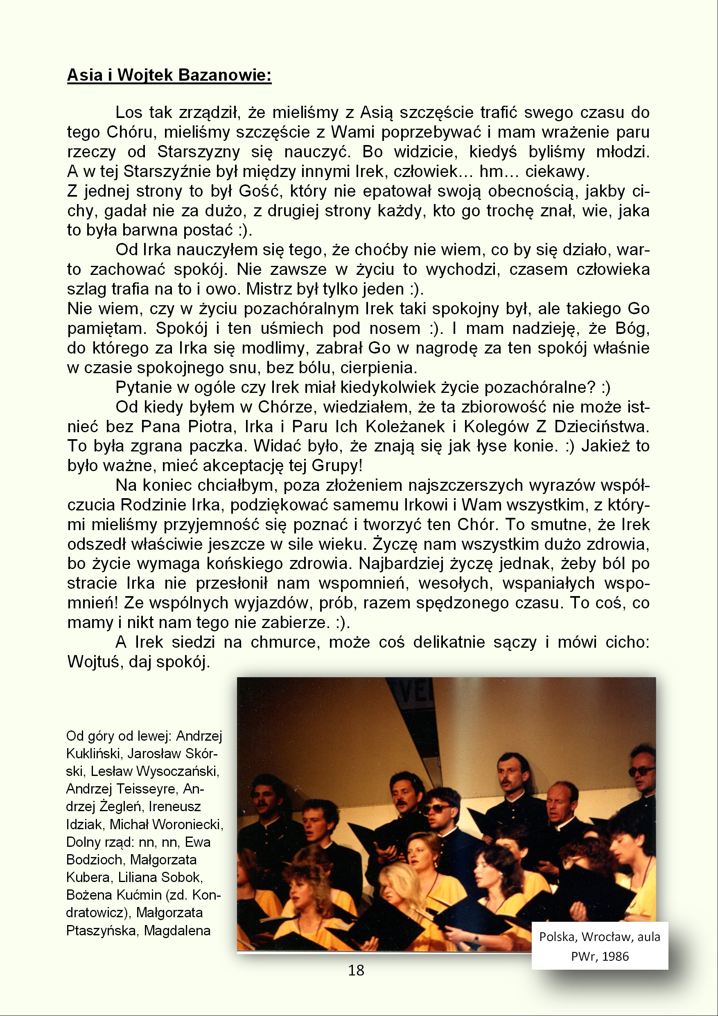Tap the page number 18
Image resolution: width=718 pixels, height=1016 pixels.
point(356,970)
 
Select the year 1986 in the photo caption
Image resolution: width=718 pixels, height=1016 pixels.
point(615,956)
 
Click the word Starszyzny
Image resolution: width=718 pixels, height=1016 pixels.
point(199,152)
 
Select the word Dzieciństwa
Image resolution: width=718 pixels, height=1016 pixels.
point(601,426)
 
